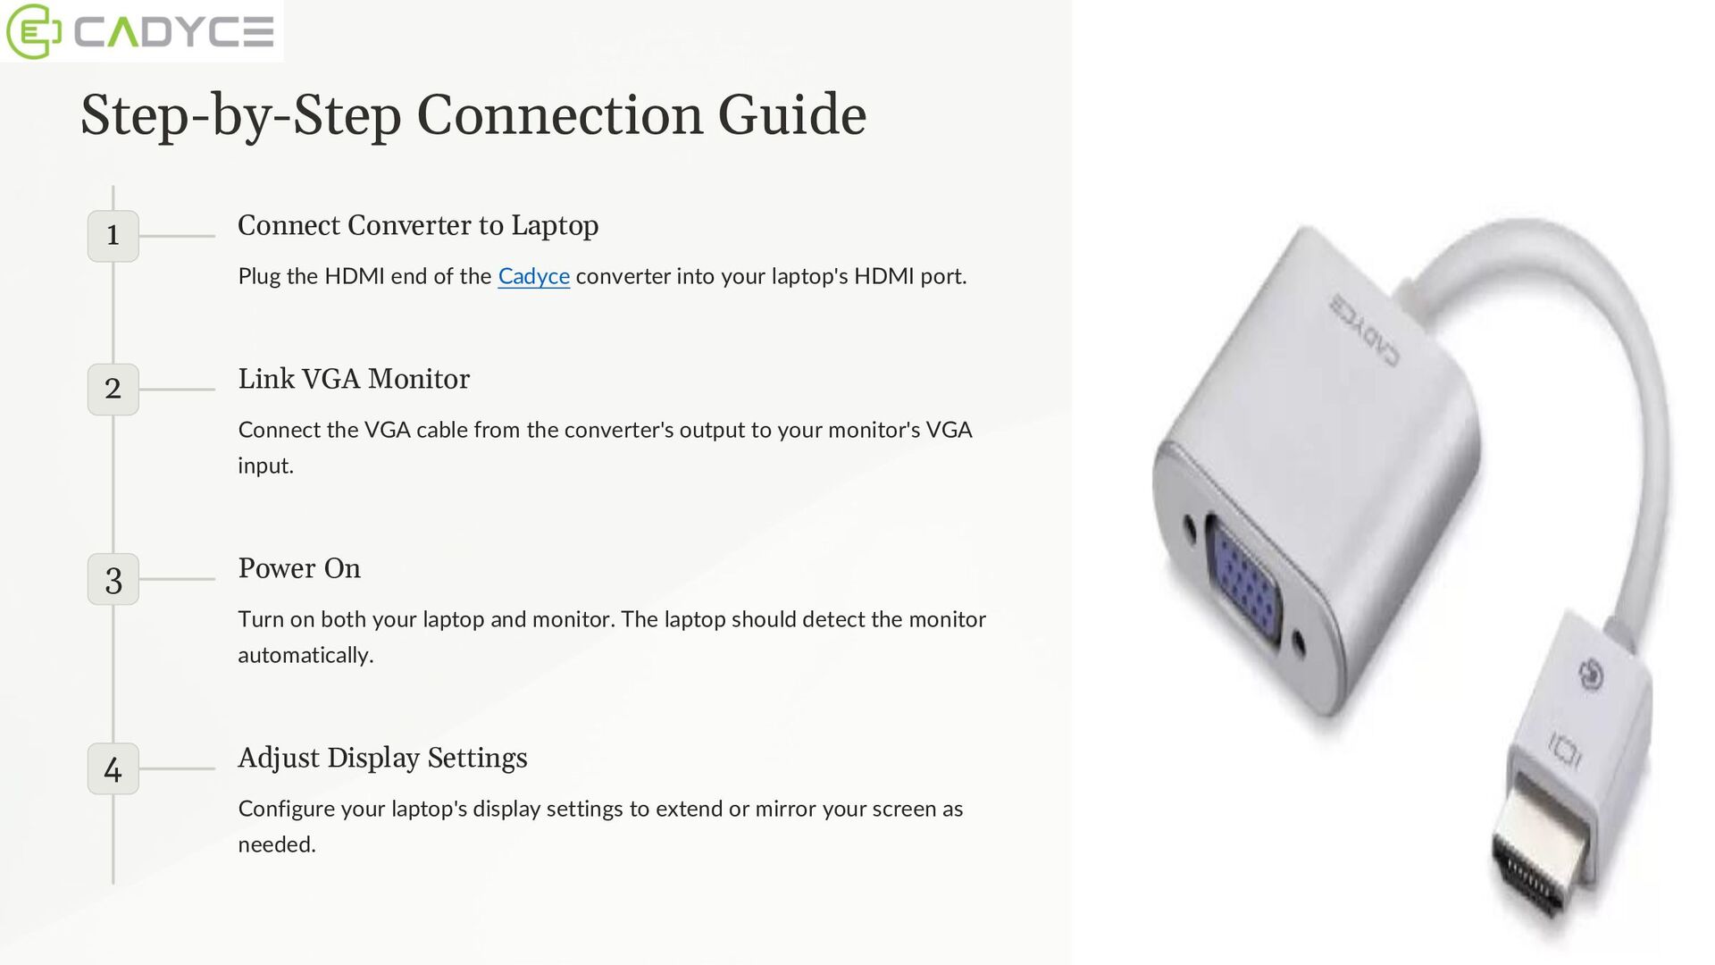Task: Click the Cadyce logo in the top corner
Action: tap(141, 31)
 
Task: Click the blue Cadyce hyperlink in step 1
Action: tap(533, 277)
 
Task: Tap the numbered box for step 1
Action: tap(113, 236)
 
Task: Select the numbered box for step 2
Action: tap(113, 390)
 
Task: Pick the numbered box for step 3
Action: tap(113, 580)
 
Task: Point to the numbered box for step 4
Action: tap(113, 769)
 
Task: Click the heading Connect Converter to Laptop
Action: tap(417, 225)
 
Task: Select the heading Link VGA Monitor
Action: tap(353, 379)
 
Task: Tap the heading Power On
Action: tap(298, 568)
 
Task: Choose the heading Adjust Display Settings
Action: tap(382, 758)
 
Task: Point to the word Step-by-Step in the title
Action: tap(240, 116)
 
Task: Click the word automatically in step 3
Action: tap(305, 656)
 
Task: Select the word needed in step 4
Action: tap(276, 845)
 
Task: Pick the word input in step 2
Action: tap(264, 466)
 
